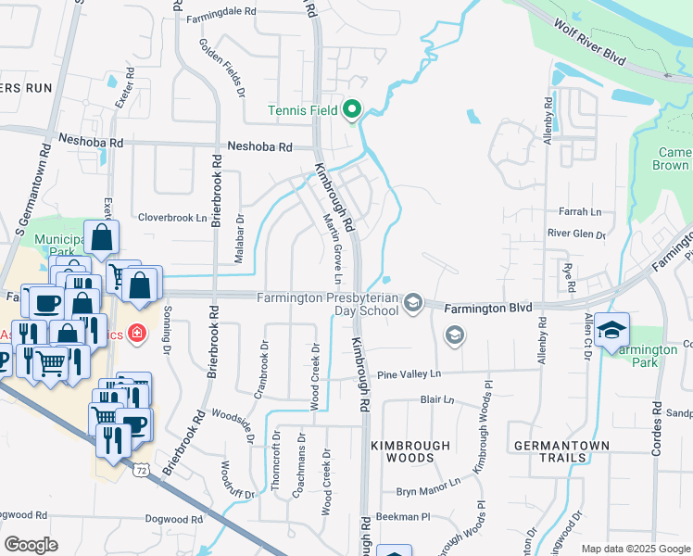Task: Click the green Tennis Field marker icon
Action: pyautogui.click(x=352, y=111)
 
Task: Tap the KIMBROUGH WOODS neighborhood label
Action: pyautogui.click(x=402, y=451)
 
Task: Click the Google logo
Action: pyautogui.click(x=31, y=545)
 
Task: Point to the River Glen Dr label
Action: pyautogui.click(x=575, y=234)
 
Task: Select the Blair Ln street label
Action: pyautogui.click(x=437, y=400)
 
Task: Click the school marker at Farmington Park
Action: pyautogui.click(x=611, y=330)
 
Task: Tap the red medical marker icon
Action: pyautogui.click(x=137, y=332)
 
